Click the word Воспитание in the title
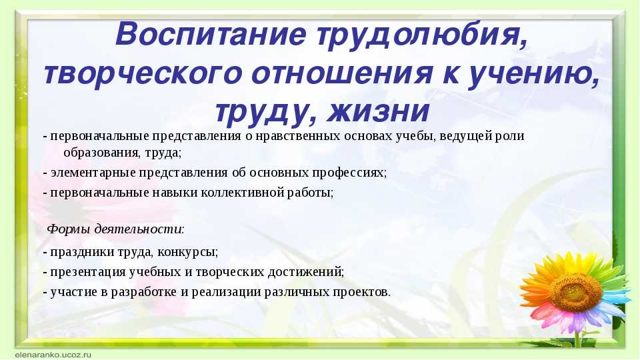click(211, 34)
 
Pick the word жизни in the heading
click(378, 111)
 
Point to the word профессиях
click(349, 173)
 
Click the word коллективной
click(241, 192)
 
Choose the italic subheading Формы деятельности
click(115, 229)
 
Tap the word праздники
click(83, 252)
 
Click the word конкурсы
click(187, 253)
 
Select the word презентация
click(88, 272)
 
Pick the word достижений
click(306, 272)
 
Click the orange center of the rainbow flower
click(576, 291)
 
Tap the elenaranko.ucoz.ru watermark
click(53, 355)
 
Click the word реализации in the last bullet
click(226, 292)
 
